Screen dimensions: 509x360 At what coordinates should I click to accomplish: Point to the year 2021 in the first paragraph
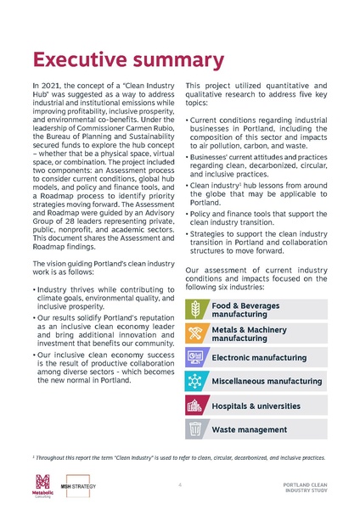[47, 87]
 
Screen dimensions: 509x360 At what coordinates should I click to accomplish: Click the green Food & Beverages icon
[196, 308]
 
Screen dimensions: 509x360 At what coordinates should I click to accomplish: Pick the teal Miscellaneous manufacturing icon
[196, 382]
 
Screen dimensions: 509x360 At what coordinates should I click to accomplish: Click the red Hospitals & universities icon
[196, 406]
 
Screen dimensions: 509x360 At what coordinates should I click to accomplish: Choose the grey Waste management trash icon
[196, 430]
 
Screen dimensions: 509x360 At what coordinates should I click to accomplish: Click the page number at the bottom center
[180, 486]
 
